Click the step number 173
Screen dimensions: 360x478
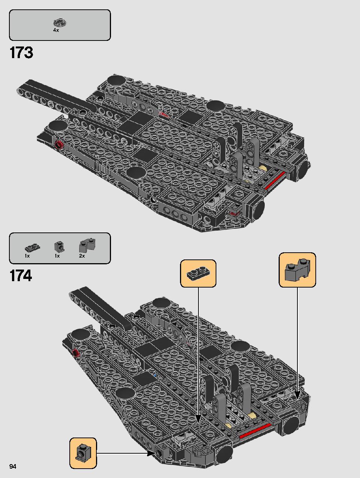click(x=21, y=52)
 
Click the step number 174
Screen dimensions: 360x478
click(x=21, y=276)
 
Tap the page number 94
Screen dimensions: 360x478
click(x=13, y=466)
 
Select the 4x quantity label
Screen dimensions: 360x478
click(x=56, y=30)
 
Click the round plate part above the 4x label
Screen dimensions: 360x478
click(x=60, y=22)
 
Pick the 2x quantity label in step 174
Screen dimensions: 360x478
click(x=82, y=256)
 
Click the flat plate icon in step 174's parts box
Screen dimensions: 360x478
click(x=33, y=247)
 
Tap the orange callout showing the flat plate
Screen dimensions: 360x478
click(x=198, y=273)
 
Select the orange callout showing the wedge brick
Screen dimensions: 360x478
click(x=297, y=270)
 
